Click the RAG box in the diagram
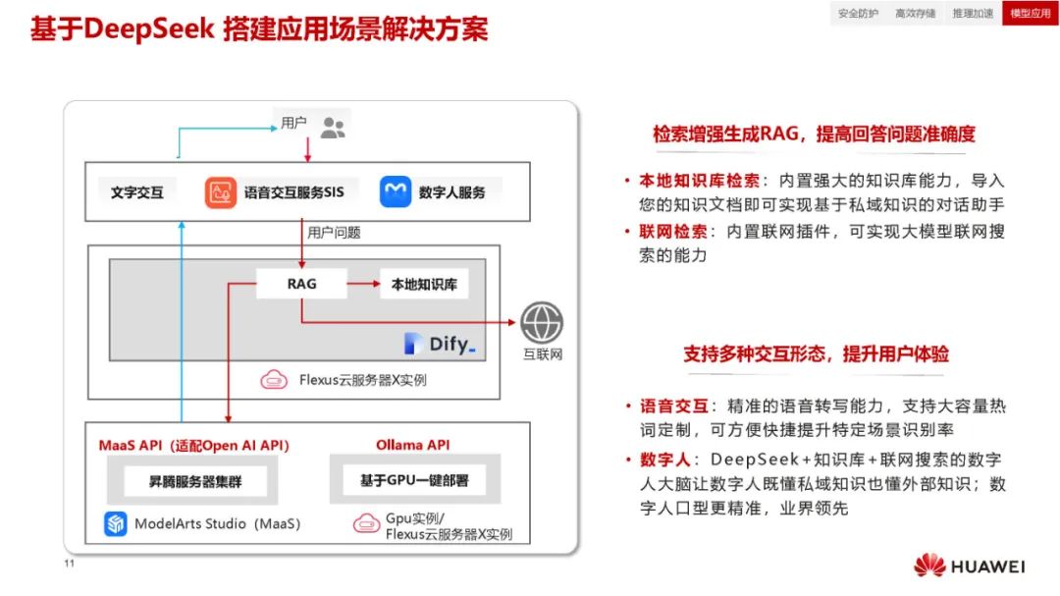coord(301,285)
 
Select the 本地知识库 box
coord(424,285)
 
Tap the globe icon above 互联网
coord(542,322)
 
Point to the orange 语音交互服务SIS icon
coord(222,191)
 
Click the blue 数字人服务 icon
coord(396,191)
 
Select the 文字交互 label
coord(137,192)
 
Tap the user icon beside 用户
coord(333,127)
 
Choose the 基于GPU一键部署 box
coord(413,480)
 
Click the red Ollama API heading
coord(412,445)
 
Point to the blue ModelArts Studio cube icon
coord(117,523)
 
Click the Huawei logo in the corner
coord(969,567)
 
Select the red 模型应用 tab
coord(1030,14)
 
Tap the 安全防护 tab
coord(858,14)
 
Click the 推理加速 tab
coord(973,14)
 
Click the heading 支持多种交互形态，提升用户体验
coord(816,354)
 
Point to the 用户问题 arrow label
coord(334,233)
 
